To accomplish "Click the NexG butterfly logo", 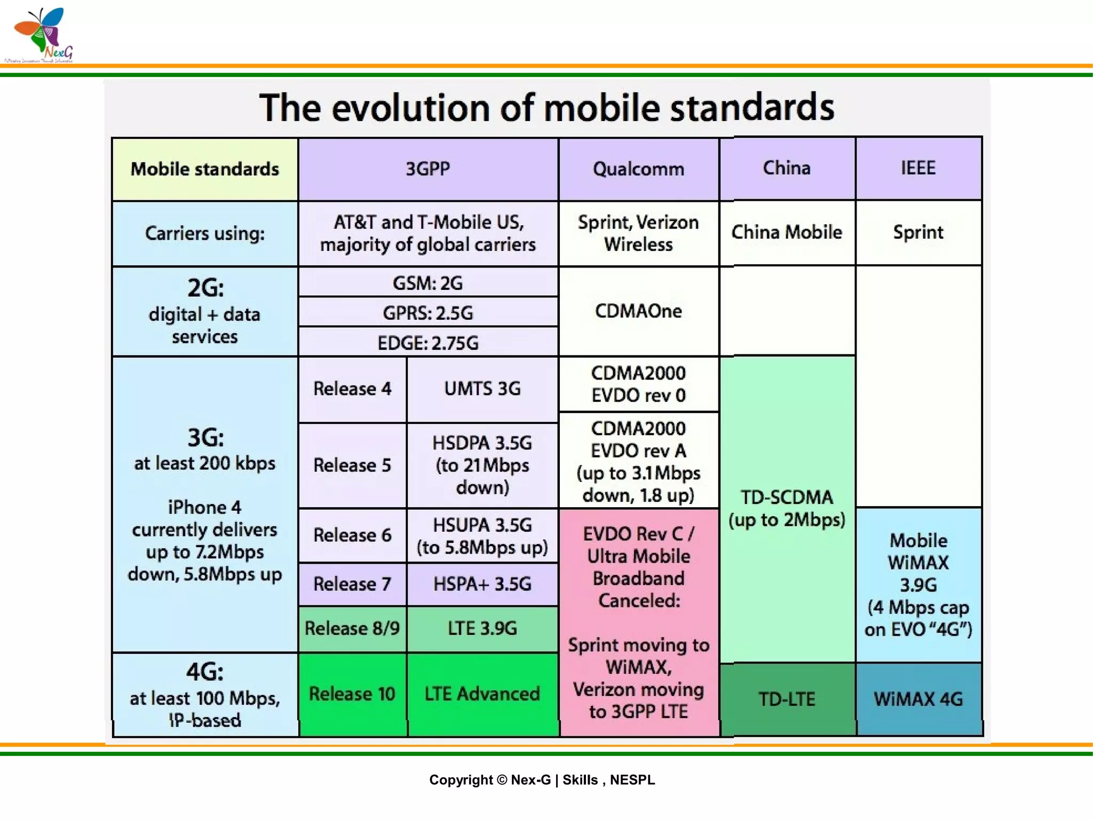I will pos(41,33).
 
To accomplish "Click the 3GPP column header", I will pos(427,169).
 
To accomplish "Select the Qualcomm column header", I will pos(638,169).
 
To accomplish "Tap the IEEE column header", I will pos(918,168).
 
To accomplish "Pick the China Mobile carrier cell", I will pos(787,232).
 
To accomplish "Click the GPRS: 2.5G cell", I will pos(427,313).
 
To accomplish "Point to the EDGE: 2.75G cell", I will pos(427,343).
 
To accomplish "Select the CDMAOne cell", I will pos(638,311).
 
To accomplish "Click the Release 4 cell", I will pos(352,389).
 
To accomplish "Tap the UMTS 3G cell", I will pos(482,389).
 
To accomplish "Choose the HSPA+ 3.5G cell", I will pos(482,584).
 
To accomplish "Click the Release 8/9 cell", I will pos(352,628).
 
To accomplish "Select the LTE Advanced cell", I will pos(482,693).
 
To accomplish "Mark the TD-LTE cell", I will pos(787,699).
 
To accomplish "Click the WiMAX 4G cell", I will pos(918,699).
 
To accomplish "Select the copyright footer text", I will pos(542,780).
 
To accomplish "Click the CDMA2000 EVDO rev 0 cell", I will pos(638,384).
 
